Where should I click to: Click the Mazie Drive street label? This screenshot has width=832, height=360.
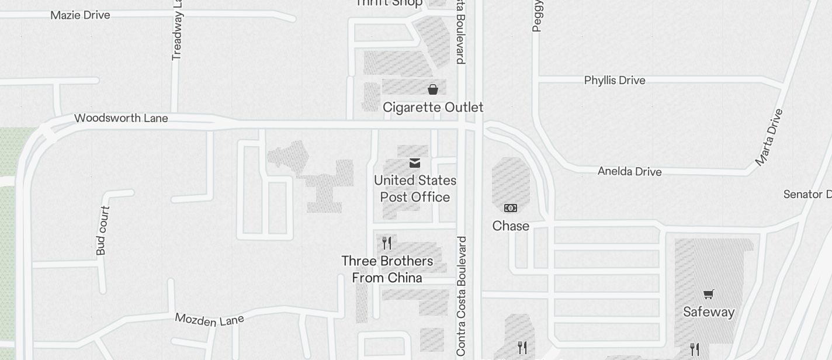80,15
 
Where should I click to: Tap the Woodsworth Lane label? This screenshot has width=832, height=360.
121,118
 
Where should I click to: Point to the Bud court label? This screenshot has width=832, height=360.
102,230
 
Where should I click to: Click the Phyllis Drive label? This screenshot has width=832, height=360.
615,80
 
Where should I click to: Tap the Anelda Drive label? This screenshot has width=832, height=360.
629,171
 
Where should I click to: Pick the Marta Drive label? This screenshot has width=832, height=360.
768,137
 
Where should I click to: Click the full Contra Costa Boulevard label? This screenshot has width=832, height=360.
462,296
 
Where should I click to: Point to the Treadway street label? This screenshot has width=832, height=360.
177,30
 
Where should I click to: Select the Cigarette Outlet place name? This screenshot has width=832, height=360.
433,108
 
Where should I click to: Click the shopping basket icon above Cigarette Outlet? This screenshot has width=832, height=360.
433,89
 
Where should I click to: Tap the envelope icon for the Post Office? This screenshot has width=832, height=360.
415,163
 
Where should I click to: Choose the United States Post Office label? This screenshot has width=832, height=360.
415,189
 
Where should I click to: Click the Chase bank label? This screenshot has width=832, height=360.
511,226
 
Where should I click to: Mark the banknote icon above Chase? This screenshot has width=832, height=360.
511,208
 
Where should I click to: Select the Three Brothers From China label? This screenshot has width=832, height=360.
387,269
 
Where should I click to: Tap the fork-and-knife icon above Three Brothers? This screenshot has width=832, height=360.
387,243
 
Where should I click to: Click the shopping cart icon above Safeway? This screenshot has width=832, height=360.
708,294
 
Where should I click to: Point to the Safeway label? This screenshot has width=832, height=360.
708,312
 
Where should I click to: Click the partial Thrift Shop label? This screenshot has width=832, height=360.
389,3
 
